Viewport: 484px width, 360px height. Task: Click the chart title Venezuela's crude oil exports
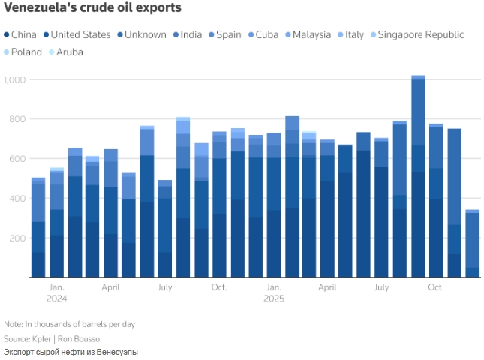pos(92,9)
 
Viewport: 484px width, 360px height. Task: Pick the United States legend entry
pos(80,34)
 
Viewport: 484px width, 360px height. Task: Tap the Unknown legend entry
pos(145,34)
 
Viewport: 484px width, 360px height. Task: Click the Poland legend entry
pos(26,52)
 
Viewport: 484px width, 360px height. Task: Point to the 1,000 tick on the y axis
pos(14,79)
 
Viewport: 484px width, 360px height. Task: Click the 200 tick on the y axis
pos(17,238)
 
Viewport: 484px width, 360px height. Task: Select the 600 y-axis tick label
pos(17,159)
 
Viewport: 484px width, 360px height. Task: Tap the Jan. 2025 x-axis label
pos(274,292)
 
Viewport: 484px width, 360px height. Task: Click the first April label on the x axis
pos(110,287)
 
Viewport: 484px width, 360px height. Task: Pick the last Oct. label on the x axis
pos(435,287)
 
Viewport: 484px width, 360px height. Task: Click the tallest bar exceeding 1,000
pos(418,177)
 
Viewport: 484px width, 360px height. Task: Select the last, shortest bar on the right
pos(472,244)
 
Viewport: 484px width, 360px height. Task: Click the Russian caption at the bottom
pos(71,352)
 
